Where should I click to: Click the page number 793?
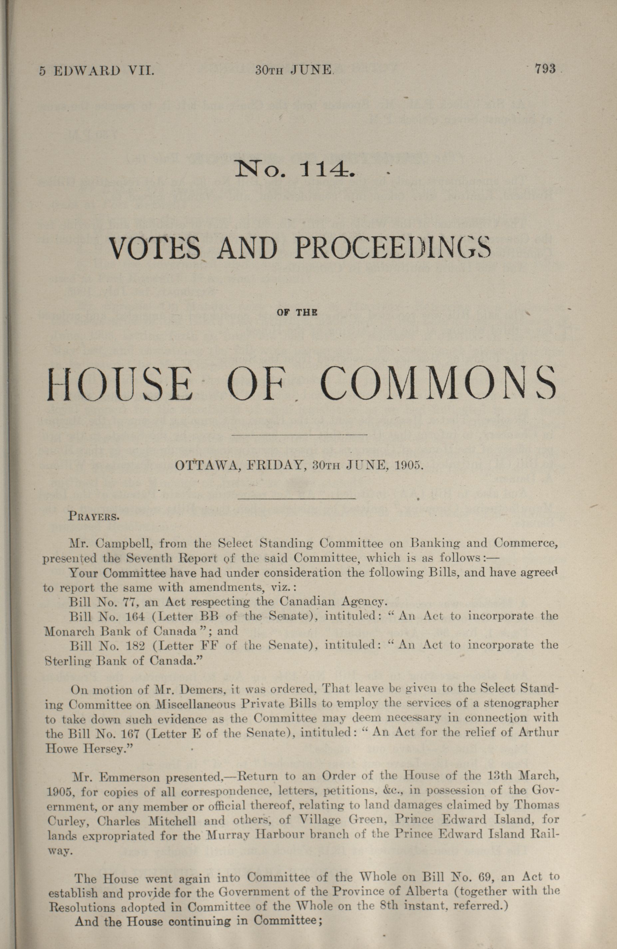[x=545, y=69]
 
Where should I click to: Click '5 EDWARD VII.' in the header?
[x=97, y=71]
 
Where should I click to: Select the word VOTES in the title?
[x=155, y=249]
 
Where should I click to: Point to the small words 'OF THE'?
[x=297, y=313]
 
